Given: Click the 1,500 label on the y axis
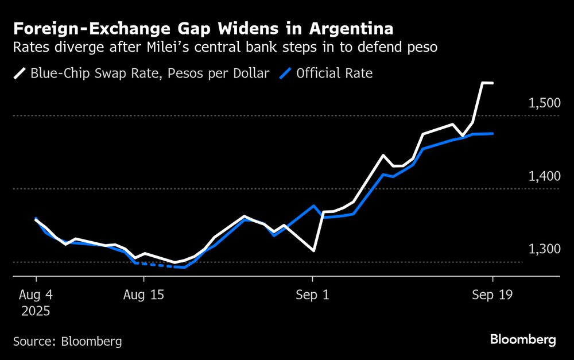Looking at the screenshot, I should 543,103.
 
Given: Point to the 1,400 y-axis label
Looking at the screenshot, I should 543,176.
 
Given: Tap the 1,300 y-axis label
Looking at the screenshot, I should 543,250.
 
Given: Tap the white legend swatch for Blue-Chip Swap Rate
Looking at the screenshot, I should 20,74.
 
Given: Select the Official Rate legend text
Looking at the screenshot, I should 335,74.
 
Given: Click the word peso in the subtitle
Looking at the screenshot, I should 423,47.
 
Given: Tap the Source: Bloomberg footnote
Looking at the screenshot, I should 67,341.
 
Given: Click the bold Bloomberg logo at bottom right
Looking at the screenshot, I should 523,340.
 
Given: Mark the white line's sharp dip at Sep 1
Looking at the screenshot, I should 313,250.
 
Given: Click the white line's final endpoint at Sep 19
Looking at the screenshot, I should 492,83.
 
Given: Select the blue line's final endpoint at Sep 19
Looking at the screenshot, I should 492,134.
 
